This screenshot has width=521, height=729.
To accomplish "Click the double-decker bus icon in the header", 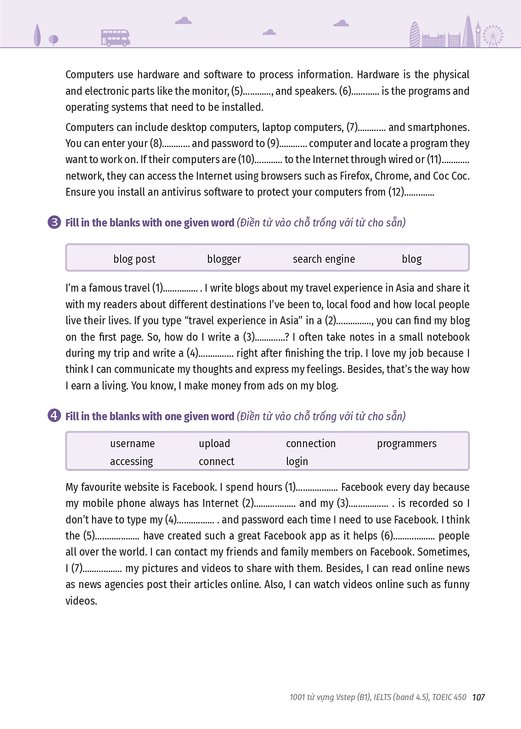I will (x=115, y=38).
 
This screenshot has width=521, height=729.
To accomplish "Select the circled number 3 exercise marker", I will (x=54, y=222).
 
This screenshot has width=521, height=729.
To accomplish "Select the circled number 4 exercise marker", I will (x=54, y=416).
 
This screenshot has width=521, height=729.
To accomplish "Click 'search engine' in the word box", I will (x=324, y=259).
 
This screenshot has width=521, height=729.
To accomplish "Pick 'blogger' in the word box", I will (x=224, y=259).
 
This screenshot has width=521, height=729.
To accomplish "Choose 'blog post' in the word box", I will (x=134, y=259).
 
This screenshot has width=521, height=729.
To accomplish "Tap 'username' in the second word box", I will (x=132, y=444).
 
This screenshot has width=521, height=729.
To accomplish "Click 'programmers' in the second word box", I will (x=407, y=444).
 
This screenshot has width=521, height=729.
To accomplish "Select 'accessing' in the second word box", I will (x=132, y=461).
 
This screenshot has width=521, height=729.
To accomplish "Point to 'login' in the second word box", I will (x=297, y=461).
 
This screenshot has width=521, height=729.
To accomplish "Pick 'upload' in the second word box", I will (x=214, y=444).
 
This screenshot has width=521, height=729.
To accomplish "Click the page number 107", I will (x=478, y=697).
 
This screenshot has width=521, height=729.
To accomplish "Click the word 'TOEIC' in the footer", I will (x=444, y=697).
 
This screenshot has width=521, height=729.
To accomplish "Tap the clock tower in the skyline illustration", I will (x=478, y=34).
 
